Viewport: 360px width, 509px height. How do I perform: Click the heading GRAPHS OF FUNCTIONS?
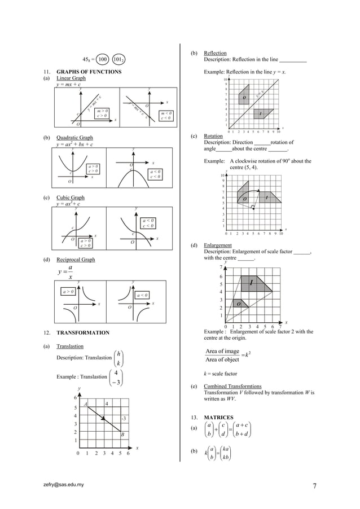(x=85, y=72)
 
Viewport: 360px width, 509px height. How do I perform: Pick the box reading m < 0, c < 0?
(x=166, y=116)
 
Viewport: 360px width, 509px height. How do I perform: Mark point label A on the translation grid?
(x=85, y=404)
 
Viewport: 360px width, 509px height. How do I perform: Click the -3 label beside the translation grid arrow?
(x=124, y=418)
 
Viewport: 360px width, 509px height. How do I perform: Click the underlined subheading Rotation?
(x=213, y=137)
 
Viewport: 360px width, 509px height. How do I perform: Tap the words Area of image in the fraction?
(x=222, y=352)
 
